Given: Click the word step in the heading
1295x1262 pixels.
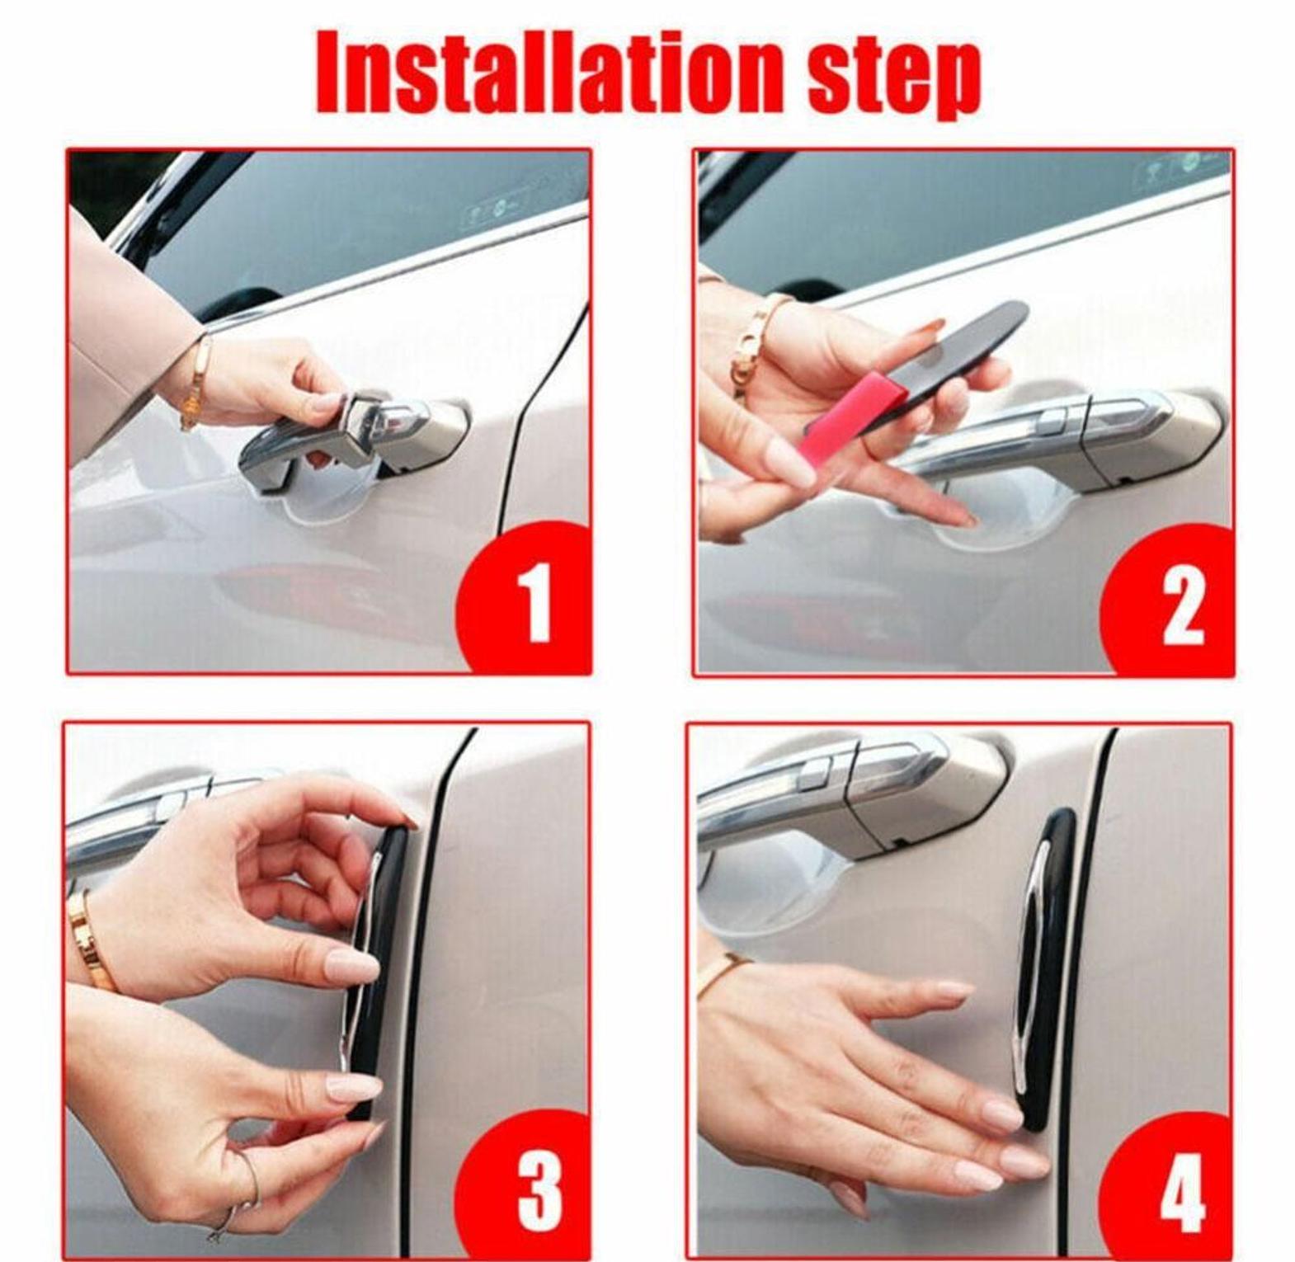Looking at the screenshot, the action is [893, 77].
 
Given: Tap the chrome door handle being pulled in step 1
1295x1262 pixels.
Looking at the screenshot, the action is [355, 433].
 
